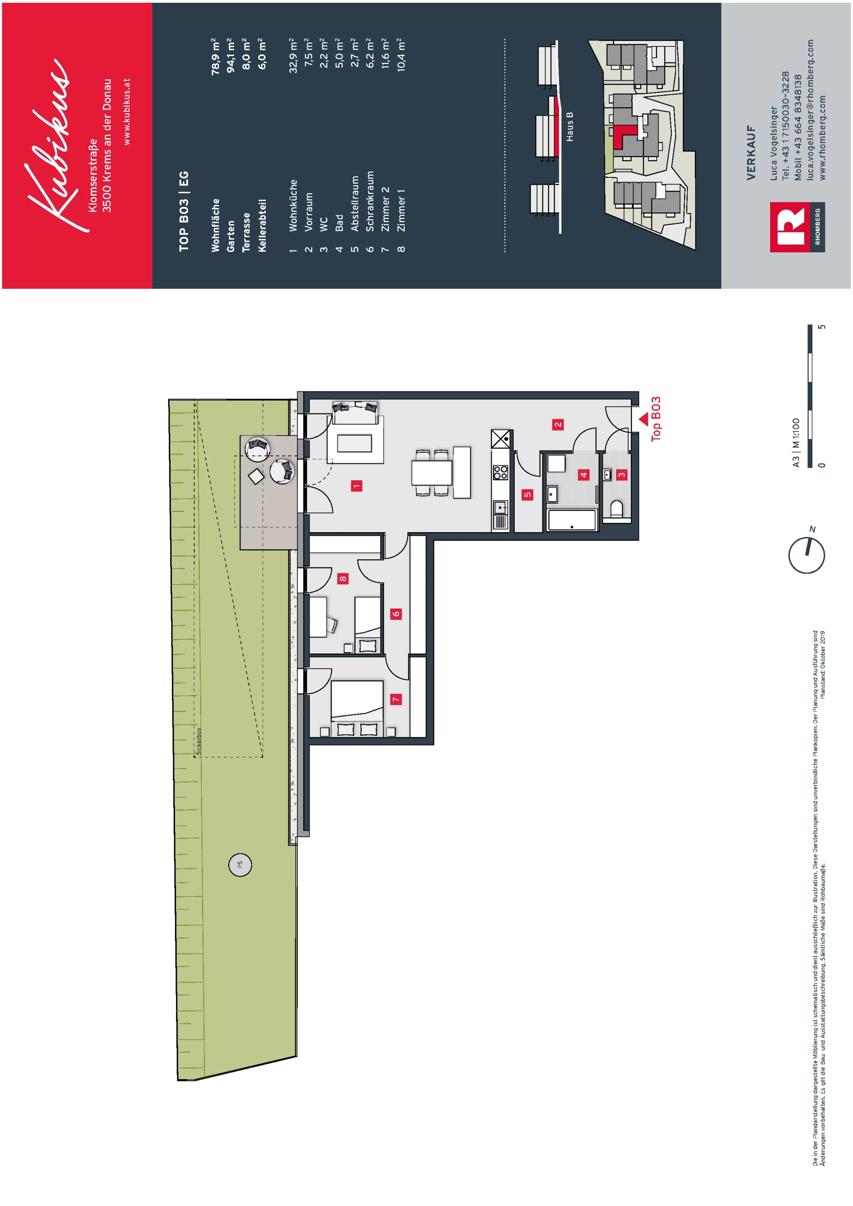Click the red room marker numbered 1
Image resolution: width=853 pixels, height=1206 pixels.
coord(357,486)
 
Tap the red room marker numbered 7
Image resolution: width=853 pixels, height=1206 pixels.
coord(396,699)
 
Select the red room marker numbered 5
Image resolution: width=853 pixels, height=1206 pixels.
coord(527,494)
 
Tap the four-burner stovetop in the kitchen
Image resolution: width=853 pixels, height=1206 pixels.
coord(501,472)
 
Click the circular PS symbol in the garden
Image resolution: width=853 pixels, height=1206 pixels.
coord(240,864)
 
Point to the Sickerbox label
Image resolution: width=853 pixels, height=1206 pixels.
coord(199,740)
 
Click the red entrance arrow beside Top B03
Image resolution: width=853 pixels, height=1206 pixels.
coord(643,419)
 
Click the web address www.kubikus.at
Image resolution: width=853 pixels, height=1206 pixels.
coord(126,111)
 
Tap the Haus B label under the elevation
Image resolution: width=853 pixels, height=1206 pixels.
coord(570,127)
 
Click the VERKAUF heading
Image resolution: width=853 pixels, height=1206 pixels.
coord(751,153)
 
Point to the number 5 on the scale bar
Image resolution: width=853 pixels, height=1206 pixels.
coord(822,327)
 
